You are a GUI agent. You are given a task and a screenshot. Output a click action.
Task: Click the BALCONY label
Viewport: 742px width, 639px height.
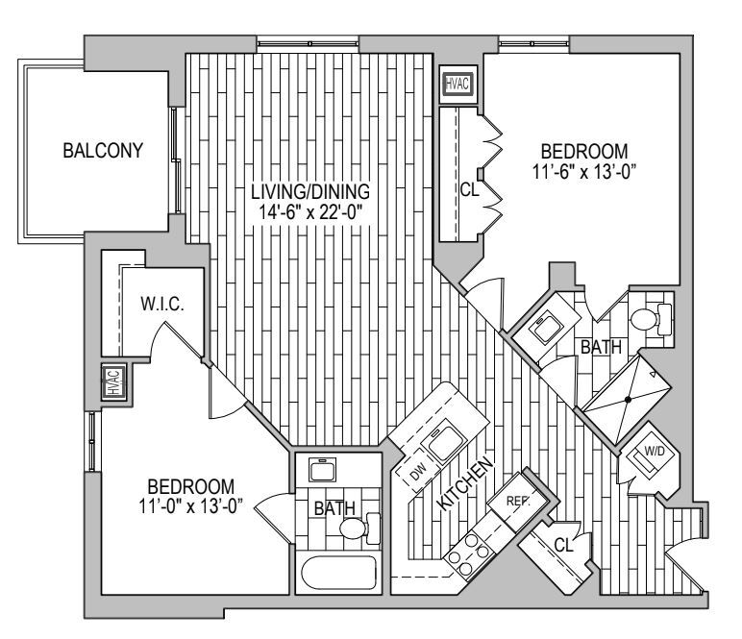click(x=103, y=151)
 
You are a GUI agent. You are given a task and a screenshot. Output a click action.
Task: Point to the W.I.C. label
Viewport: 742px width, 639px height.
click(x=161, y=305)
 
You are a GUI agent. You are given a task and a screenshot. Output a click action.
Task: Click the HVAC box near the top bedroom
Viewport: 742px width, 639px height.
click(x=457, y=84)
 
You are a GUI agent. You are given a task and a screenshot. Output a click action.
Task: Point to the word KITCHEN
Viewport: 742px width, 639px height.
click(x=467, y=486)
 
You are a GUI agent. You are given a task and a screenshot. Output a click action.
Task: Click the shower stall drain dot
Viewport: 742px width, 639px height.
click(x=630, y=397)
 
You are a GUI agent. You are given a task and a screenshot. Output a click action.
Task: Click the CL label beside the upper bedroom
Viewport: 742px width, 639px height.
click(x=469, y=189)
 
